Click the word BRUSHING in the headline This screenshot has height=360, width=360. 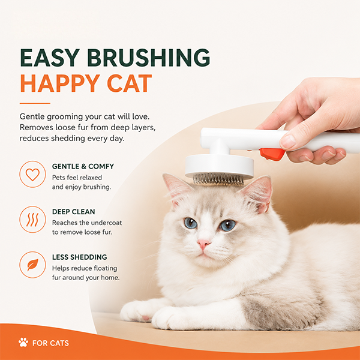(149, 58)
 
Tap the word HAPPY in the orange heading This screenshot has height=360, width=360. (60, 83)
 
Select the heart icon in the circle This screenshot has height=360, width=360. (32, 174)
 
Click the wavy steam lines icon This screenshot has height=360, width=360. (32, 220)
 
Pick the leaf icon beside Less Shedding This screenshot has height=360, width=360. (32, 265)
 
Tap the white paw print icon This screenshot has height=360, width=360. (23, 342)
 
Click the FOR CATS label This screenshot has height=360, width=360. (50, 343)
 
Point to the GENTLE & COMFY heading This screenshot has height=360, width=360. (83, 166)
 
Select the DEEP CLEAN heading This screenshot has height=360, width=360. (73, 212)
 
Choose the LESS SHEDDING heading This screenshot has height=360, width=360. (79, 257)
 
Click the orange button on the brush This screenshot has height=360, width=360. (272, 154)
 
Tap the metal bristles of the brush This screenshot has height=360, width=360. (218, 179)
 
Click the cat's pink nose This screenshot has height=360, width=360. (203, 244)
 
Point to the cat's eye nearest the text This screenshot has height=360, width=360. (191, 223)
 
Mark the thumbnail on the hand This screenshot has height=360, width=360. (288, 141)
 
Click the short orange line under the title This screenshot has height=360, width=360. (35, 103)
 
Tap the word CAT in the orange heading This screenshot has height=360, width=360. (130, 83)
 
